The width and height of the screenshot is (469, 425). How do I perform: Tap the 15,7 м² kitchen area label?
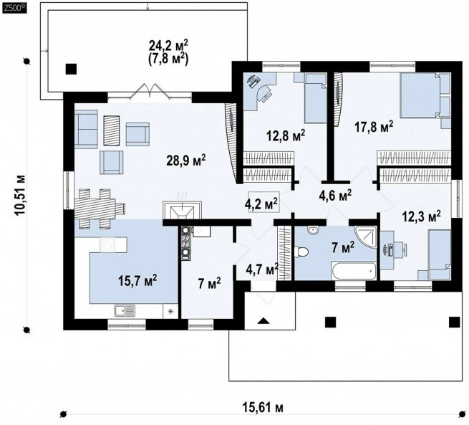137,281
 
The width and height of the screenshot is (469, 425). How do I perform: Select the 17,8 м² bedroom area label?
374,127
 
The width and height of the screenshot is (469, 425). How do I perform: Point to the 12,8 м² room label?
286,135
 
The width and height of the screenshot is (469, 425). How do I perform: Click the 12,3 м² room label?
421,216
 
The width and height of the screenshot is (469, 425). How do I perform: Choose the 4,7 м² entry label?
262,269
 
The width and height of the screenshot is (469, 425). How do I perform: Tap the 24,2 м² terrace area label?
168,46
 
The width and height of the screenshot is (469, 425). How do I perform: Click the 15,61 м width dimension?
263,407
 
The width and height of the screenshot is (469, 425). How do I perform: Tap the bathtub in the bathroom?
354,271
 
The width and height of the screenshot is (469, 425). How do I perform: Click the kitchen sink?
125,310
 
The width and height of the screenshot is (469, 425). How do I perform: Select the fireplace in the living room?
182,209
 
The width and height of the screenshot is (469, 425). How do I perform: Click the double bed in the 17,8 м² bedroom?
420,95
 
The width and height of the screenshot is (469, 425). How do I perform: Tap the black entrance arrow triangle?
263,321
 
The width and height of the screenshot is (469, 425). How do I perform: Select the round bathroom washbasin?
313,231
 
